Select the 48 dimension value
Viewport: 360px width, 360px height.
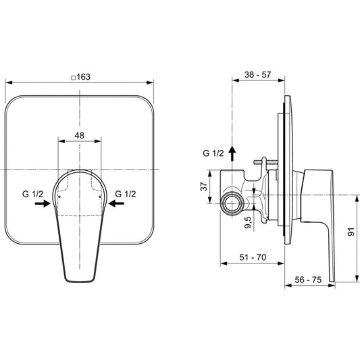pyautogui.click(x=80, y=136)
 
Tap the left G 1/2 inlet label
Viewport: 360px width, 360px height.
pyautogui.click(x=32, y=194)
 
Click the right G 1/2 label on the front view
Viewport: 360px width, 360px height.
pyautogui.click(x=126, y=194)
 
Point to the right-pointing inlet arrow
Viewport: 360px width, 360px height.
pyautogui.click(x=43, y=203)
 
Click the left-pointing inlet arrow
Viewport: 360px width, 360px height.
pyautogui.click(x=116, y=203)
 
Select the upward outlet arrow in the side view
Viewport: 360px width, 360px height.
pyautogui.click(x=232, y=154)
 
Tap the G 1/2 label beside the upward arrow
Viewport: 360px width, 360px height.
pyautogui.click(x=213, y=153)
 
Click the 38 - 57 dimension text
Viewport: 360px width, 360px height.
pyautogui.click(x=257, y=74)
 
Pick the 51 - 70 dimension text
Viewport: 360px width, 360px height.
pyautogui.click(x=253, y=257)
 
